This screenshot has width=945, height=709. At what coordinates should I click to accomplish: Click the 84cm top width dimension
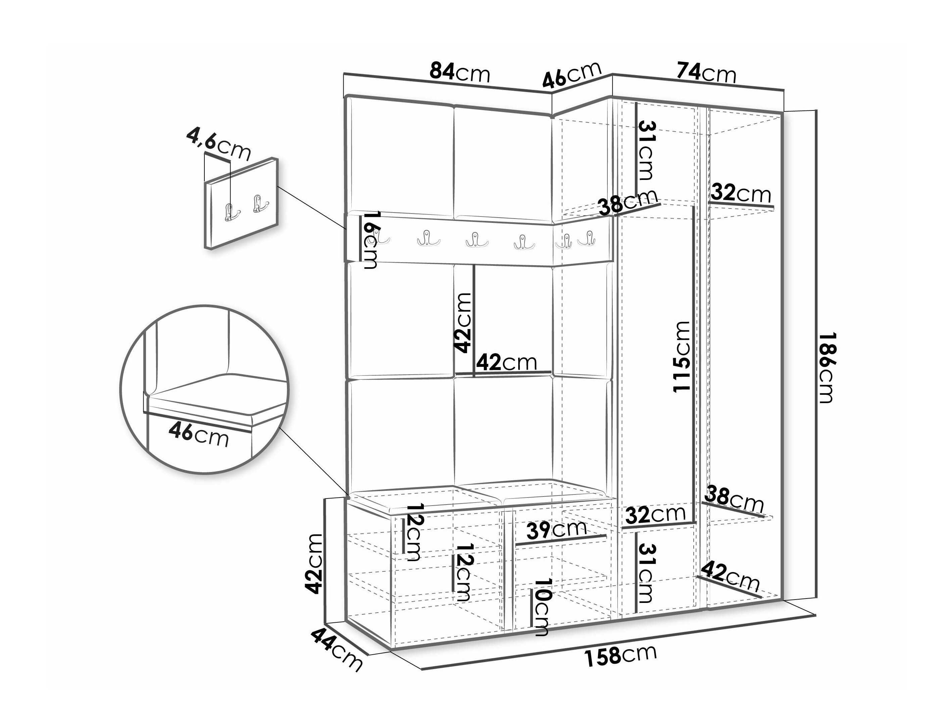point(460,73)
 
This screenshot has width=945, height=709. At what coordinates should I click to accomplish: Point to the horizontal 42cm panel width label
point(506,363)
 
